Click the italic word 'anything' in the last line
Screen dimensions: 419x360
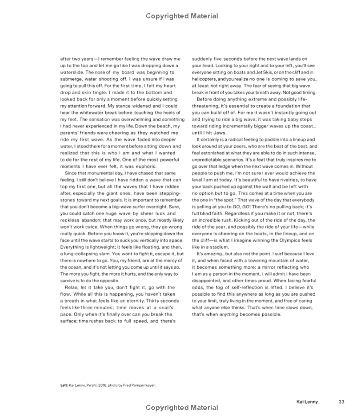[x=229, y=314]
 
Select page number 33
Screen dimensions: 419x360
[x=341, y=401]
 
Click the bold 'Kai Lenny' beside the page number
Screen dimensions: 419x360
[x=307, y=401]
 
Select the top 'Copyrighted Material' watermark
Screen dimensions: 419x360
[x=182, y=16]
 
